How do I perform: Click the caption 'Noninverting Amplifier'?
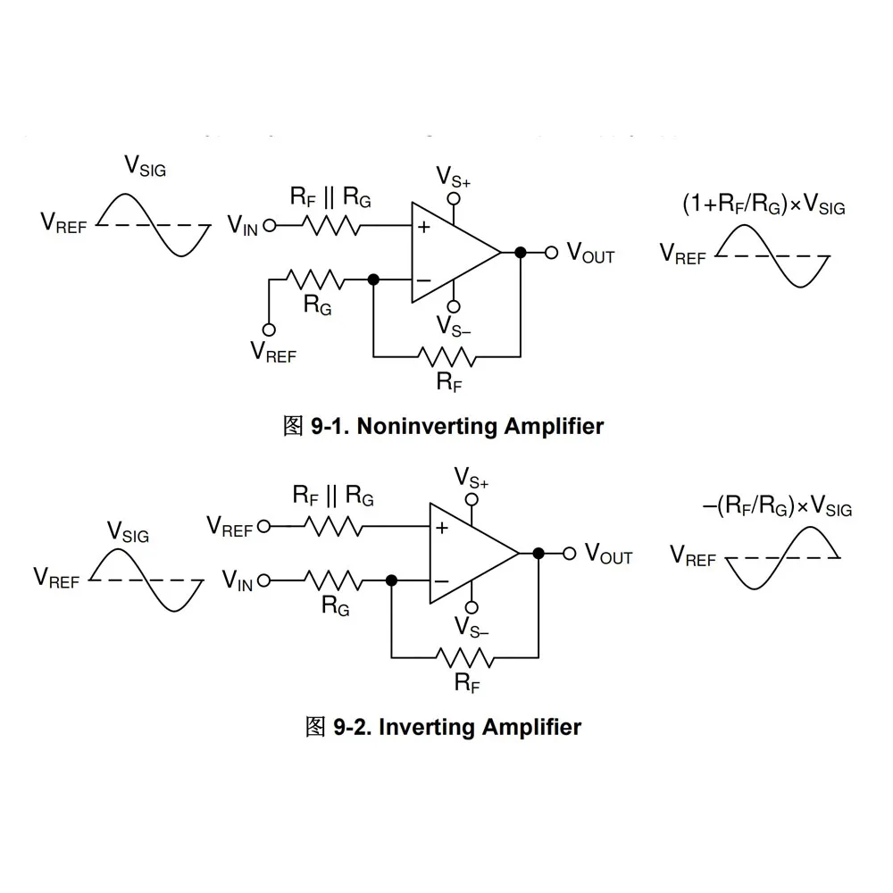click(480, 426)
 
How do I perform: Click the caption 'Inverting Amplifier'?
click(480, 727)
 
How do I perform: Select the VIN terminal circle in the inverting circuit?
click(263, 580)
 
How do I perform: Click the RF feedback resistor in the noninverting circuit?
click(446, 357)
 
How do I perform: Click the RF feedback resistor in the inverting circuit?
click(464, 658)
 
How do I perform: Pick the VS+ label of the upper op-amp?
click(454, 175)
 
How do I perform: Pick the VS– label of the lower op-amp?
click(472, 625)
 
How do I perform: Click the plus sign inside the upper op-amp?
click(423, 228)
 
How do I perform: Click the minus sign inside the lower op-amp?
click(441, 581)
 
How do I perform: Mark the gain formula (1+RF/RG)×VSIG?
click(763, 205)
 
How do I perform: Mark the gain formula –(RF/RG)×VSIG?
click(777, 507)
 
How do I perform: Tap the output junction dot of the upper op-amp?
click(520, 253)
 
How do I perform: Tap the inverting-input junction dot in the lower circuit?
click(391, 580)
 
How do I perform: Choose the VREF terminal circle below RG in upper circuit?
click(269, 329)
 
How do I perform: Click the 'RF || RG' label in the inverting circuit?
click(333, 494)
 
